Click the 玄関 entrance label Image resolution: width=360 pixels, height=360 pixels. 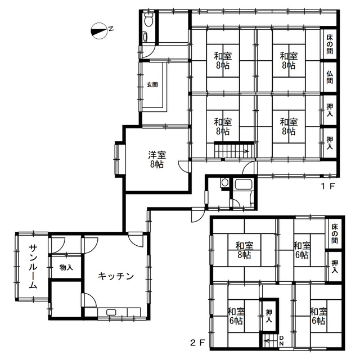pos(152,85)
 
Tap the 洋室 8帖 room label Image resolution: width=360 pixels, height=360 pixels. pos(156,159)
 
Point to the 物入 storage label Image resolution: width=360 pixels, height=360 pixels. pos(66,268)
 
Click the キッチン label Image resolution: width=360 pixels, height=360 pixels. pos(115,276)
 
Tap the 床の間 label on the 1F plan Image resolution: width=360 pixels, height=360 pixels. pos(330,44)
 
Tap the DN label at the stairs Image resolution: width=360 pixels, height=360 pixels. pos(281,340)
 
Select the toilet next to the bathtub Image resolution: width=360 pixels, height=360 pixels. pos(224,183)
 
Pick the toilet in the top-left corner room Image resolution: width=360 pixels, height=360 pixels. pos(148,21)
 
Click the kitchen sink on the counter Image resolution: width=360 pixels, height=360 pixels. pos(110,312)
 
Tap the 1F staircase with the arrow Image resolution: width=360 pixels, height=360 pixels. pos(231,151)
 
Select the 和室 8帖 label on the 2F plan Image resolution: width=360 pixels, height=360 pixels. pos(244,250)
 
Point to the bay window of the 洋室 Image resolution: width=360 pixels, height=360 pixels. pos(119,159)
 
